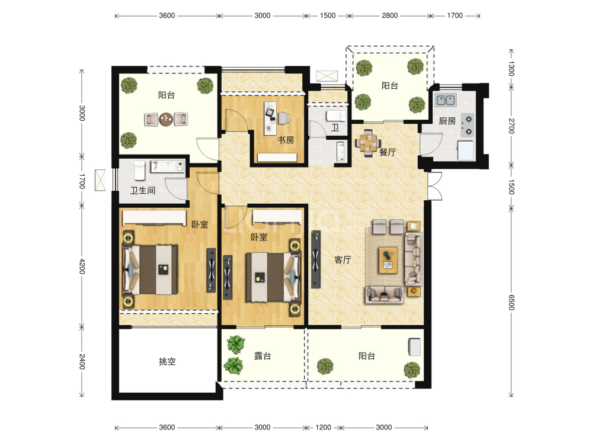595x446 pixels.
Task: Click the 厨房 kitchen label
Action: [x=447, y=121]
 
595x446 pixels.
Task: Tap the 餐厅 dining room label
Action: [x=388, y=152]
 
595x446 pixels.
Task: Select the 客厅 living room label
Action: [x=343, y=260]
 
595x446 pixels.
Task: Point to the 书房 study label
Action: [x=286, y=140]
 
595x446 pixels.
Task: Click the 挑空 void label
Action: [x=167, y=361]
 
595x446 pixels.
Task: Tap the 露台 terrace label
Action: [x=263, y=356]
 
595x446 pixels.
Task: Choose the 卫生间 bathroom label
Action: [x=143, y=190]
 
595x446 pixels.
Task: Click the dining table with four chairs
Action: [x=367, y=143]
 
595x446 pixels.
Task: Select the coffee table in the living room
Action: [x=388, y=260]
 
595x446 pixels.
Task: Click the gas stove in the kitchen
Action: [x=467, y=126]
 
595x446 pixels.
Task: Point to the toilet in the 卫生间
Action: [x=139, y=171]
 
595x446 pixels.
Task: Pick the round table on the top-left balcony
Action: [x=166, y=119]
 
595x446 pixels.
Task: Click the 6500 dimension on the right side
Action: [x=511, y=302]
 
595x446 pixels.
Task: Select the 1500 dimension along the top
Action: [x=328, y=15]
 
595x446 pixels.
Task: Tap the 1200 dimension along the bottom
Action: [x=323, y=428]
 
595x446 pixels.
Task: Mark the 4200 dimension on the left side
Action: [x=82, y=267]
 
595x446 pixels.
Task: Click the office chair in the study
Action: [x=283, y=118]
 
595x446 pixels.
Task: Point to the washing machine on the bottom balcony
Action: [x=414, y=347]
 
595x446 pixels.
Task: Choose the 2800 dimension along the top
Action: [x=390, y=15]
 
